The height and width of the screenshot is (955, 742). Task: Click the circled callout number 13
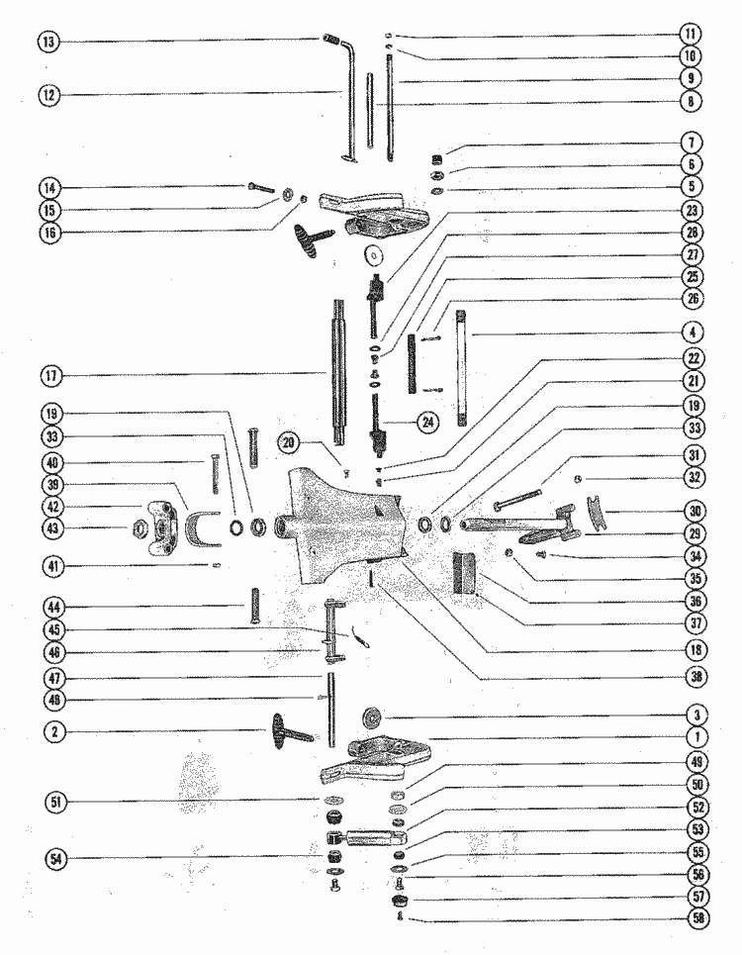pyautogui.click(x=48, y=42)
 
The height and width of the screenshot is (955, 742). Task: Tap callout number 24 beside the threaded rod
pyautogui.click(x=428, y=422)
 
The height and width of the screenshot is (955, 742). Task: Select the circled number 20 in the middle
pyautogui.click(x=289, y=442)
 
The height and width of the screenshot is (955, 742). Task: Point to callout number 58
pyautogui.click(x=698, y=917)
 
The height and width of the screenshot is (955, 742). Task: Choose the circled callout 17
pyautogui.click(x=51, y=376)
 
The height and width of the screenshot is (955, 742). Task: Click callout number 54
pyautogui.click(x=56, y=859)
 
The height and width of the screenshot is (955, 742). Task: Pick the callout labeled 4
pyautogui.click(x=693, y=333)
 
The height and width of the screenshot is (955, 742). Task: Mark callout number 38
pyautogui.click(x=696, y=676)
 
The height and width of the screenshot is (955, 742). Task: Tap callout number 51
pyautogui.click(x=56, y=802)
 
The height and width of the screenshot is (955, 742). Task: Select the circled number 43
pyautogui.click(x=52, y=528)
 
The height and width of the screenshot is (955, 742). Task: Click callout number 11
pyautogui.click(x=691, y=34)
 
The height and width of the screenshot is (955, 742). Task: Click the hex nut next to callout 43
pyautogui.click(x=137, y=527)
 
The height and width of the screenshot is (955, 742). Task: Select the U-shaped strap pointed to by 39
pyautogui.click(x=202, y=527)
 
